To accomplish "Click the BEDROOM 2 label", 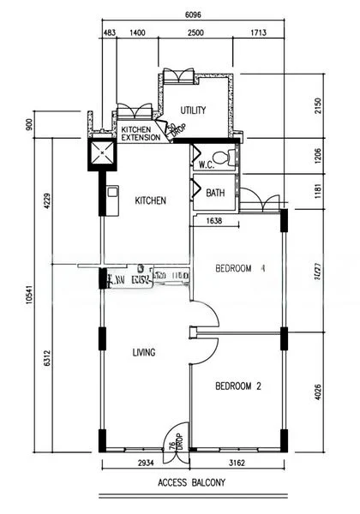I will point(237,386).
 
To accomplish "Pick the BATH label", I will point(216,194).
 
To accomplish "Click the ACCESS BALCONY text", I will point(191,483).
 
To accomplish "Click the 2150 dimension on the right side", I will point(319,105).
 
